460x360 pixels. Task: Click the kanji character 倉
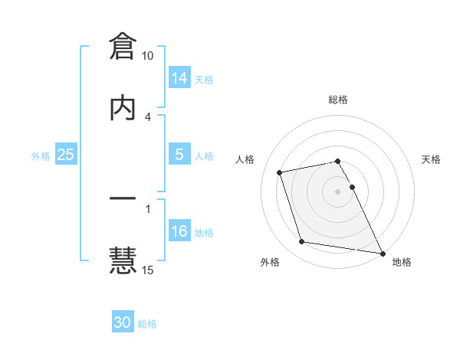123,47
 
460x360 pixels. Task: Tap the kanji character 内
123,108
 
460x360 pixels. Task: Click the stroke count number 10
147,56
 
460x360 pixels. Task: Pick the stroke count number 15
147,270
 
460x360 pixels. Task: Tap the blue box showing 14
179,77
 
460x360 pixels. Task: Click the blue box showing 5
179,155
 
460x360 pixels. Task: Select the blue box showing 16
179,231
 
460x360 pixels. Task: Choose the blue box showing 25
66,155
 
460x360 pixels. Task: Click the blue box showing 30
123,322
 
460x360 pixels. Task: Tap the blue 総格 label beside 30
148,324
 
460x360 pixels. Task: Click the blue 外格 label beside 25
41,155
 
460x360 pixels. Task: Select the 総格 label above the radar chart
338,100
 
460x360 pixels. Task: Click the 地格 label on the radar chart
402,263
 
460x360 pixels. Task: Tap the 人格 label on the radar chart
246,159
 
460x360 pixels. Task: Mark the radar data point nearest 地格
381,252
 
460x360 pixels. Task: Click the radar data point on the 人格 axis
280,172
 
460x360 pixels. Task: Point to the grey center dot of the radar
338,191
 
